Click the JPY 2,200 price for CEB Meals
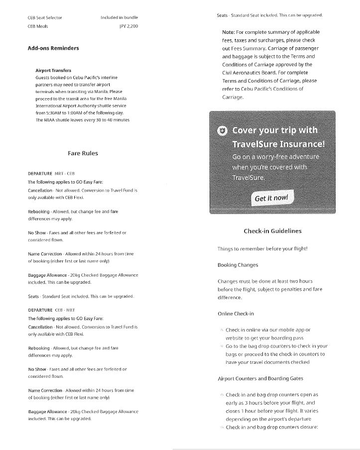click(x=128, y=26)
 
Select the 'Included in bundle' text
click(x=119, y=17)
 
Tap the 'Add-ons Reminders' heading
click(x=53, y=48)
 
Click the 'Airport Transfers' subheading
click(x=53, y=71)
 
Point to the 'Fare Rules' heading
click(x=83, y=153)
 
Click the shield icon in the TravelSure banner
click(x=222, y=131)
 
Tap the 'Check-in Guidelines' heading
click(x=272, y=231)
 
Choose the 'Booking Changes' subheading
click(x=238, y=265)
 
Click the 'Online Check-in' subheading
click(x=236, y=314)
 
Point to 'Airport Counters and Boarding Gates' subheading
click(x=260, y=379)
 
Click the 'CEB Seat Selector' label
click(x=45, y=17)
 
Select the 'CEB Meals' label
click(x=38, y=26)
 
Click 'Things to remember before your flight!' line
click(x=262, y=248)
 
